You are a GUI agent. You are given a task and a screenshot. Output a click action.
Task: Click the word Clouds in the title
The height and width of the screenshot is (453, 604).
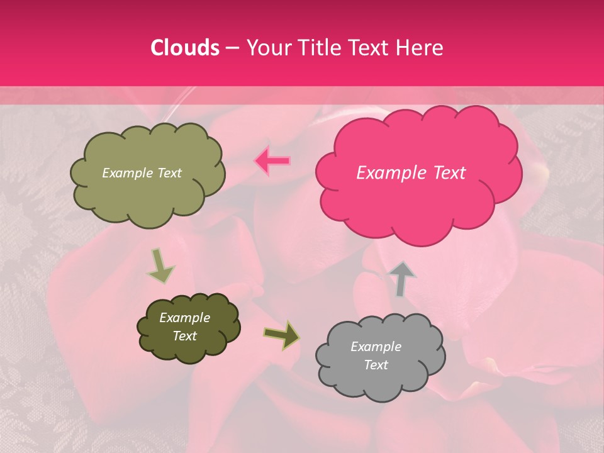[x=185, y=47]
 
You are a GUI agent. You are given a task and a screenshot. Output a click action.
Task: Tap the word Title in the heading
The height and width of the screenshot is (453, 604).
[x=320, y=47]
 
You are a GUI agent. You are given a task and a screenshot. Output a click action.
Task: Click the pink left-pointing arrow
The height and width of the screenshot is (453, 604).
[x=272, y=161]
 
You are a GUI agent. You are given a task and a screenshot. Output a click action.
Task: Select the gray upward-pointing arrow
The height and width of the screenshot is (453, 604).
[x=401, y=278]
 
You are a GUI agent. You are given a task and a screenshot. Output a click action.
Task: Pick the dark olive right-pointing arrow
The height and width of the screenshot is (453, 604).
[x=282, y=335]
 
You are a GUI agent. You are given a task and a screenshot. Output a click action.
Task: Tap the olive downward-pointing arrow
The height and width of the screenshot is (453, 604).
[x=160, y=266]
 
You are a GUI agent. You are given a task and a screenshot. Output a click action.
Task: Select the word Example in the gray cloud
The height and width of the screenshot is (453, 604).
[x=376, y=347]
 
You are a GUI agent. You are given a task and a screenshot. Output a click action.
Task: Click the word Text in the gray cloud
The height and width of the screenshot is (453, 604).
[x=376, y=365]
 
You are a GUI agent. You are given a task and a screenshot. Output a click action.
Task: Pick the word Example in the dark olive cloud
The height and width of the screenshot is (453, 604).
[x=184, y=318]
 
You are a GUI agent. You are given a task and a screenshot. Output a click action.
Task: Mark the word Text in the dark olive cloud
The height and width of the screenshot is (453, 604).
[x=184, y=336]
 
